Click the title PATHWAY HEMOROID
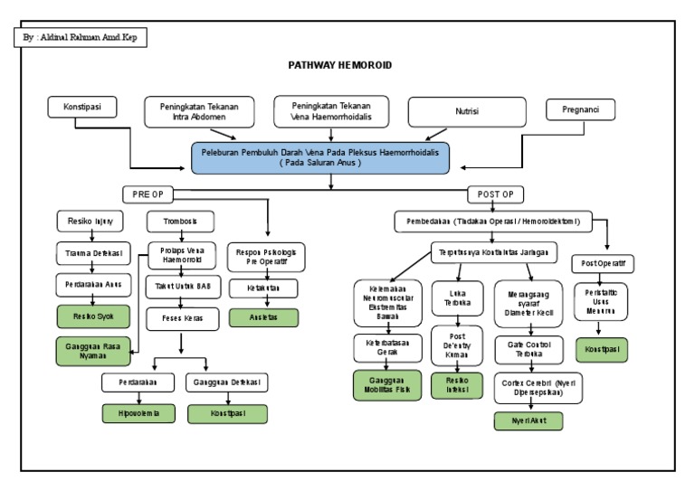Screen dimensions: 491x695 click(339, 66)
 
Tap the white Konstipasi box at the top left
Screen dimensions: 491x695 click(82, 108)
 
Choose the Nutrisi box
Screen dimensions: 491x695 click(467, 112)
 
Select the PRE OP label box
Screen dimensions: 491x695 click(148, 194)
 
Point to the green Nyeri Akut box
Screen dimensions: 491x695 click(528, 420)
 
